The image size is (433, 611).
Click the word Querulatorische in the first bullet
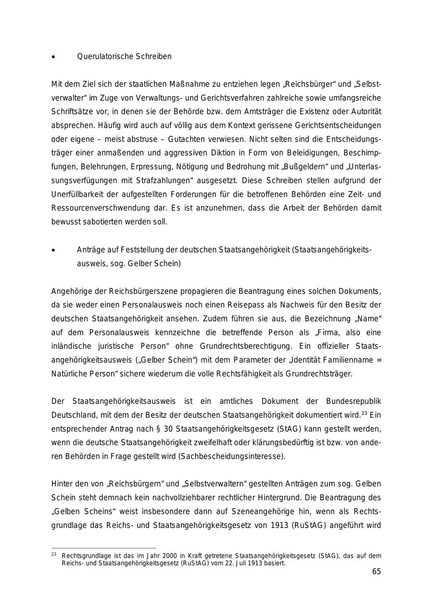(x=103, y=57)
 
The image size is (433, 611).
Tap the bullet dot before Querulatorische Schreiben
(x=53, y=57)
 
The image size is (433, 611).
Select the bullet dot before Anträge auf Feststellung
(x=53, y=251)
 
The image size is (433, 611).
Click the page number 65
(x=376, y=572)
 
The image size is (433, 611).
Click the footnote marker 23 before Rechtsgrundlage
(x=54, y=554)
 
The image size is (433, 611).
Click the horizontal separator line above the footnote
(x=103, y=548)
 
